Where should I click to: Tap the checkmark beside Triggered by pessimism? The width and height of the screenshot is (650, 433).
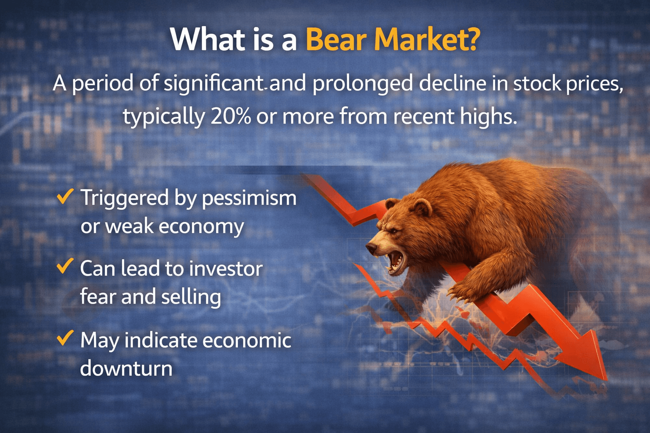[65, 196]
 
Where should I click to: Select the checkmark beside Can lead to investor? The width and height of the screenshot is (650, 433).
[65, 266]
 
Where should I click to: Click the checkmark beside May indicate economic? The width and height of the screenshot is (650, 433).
[65, 338]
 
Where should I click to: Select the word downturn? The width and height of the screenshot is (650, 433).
[126, 368]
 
